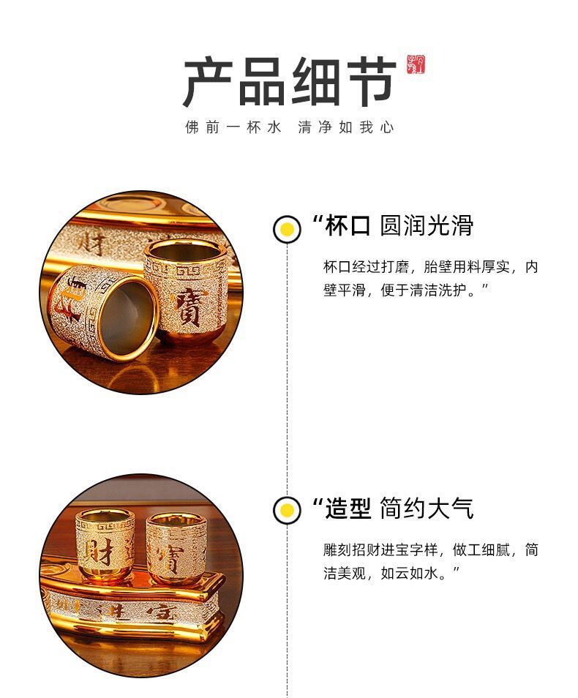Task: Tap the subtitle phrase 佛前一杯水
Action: click(233, 127)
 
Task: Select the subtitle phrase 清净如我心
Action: click(346, 127)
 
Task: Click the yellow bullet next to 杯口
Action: click(287, 229)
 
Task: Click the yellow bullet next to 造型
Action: click(287, 509)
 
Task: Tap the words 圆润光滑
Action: click(427, 226)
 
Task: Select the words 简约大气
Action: click(427, 508)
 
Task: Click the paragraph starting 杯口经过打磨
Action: click(430, 278)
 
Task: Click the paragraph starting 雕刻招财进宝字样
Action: click(430, 560)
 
